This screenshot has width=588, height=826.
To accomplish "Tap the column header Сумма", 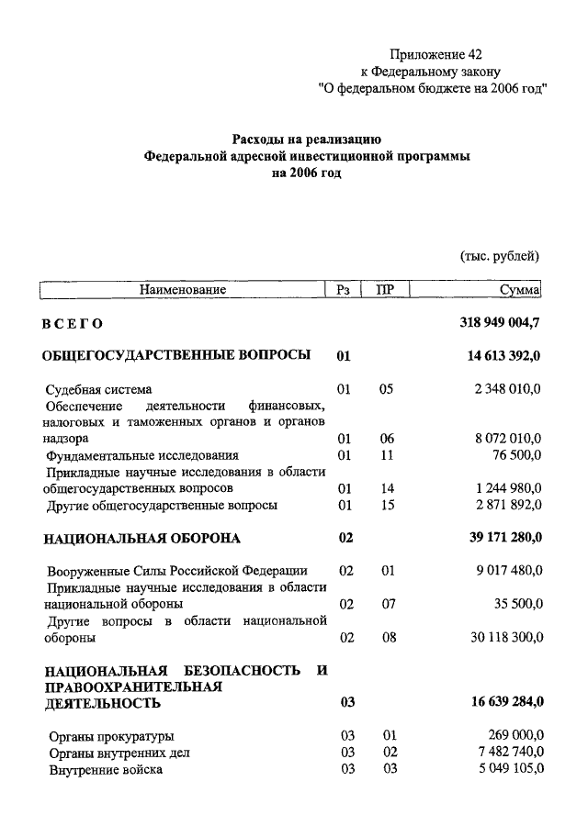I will click(519, 290).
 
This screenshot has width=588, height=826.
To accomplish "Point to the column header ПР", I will click(386, 290).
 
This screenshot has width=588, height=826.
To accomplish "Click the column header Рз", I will click(344, 290).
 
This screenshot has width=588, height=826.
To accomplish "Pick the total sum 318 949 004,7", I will click(500, 323).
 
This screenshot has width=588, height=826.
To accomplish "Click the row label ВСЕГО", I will click(73, 324).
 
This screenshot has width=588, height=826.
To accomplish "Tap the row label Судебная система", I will click(99, 389).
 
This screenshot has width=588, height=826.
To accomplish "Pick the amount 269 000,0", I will click(514, 736).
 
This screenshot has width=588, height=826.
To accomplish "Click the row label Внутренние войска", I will click(106, 769).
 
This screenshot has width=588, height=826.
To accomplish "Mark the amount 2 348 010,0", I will click(507, 389).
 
